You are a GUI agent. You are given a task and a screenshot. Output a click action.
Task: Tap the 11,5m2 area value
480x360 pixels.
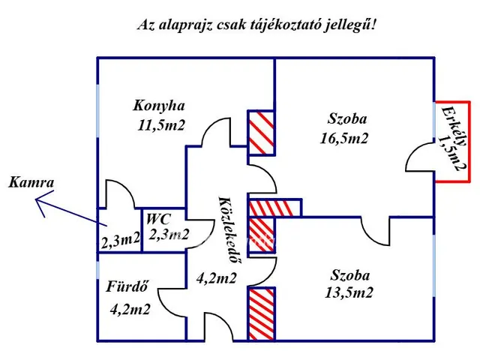click(x=161, y=125)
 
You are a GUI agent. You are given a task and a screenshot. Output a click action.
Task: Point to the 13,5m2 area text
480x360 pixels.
click(x=348, y=292)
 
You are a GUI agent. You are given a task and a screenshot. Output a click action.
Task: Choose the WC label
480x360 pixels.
click(x=158, y=219)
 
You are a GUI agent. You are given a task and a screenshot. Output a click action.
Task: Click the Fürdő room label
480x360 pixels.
click(x=126, y=286)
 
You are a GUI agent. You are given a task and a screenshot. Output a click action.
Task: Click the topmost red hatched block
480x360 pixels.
click(x=262, y=133)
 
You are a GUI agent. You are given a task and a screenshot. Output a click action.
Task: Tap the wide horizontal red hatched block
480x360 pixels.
click(x=274, y=208)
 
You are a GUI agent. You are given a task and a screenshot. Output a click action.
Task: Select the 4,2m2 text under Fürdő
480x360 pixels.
click(x=129, y=308)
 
